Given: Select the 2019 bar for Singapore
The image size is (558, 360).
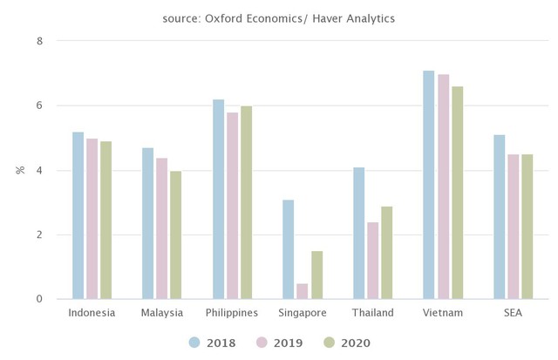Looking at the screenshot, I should pos(302,291).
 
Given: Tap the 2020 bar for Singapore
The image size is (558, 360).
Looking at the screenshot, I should pos(316,275).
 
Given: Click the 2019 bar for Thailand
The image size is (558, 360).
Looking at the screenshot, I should pos(372,261).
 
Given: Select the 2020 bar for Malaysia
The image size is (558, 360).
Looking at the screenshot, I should pos(176,235).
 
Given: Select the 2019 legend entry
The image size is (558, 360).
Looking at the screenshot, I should pos(279,343).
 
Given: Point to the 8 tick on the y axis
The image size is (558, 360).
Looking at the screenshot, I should pos(39,41).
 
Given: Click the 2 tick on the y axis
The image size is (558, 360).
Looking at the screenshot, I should pos(39,235).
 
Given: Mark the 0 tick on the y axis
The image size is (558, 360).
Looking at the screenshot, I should pos(39,300).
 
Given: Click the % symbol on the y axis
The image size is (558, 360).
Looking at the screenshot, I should pos(20,170).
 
